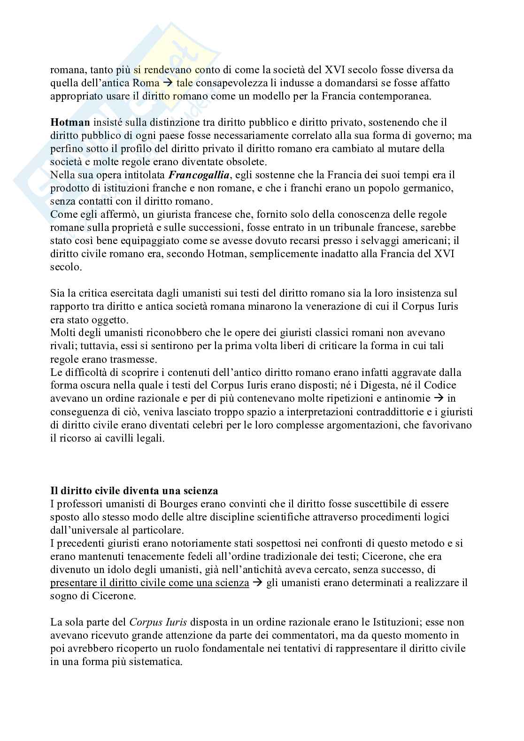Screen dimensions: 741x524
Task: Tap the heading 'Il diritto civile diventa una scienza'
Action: (x=134, y=491)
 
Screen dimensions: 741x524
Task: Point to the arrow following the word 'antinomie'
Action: (x=439, y=398)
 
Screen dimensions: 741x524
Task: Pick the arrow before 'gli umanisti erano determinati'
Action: (x=258, y=583)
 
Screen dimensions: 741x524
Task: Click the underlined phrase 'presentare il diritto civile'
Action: (x=149, y=583)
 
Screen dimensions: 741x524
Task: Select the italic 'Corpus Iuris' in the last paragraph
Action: (x=158, y=622)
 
